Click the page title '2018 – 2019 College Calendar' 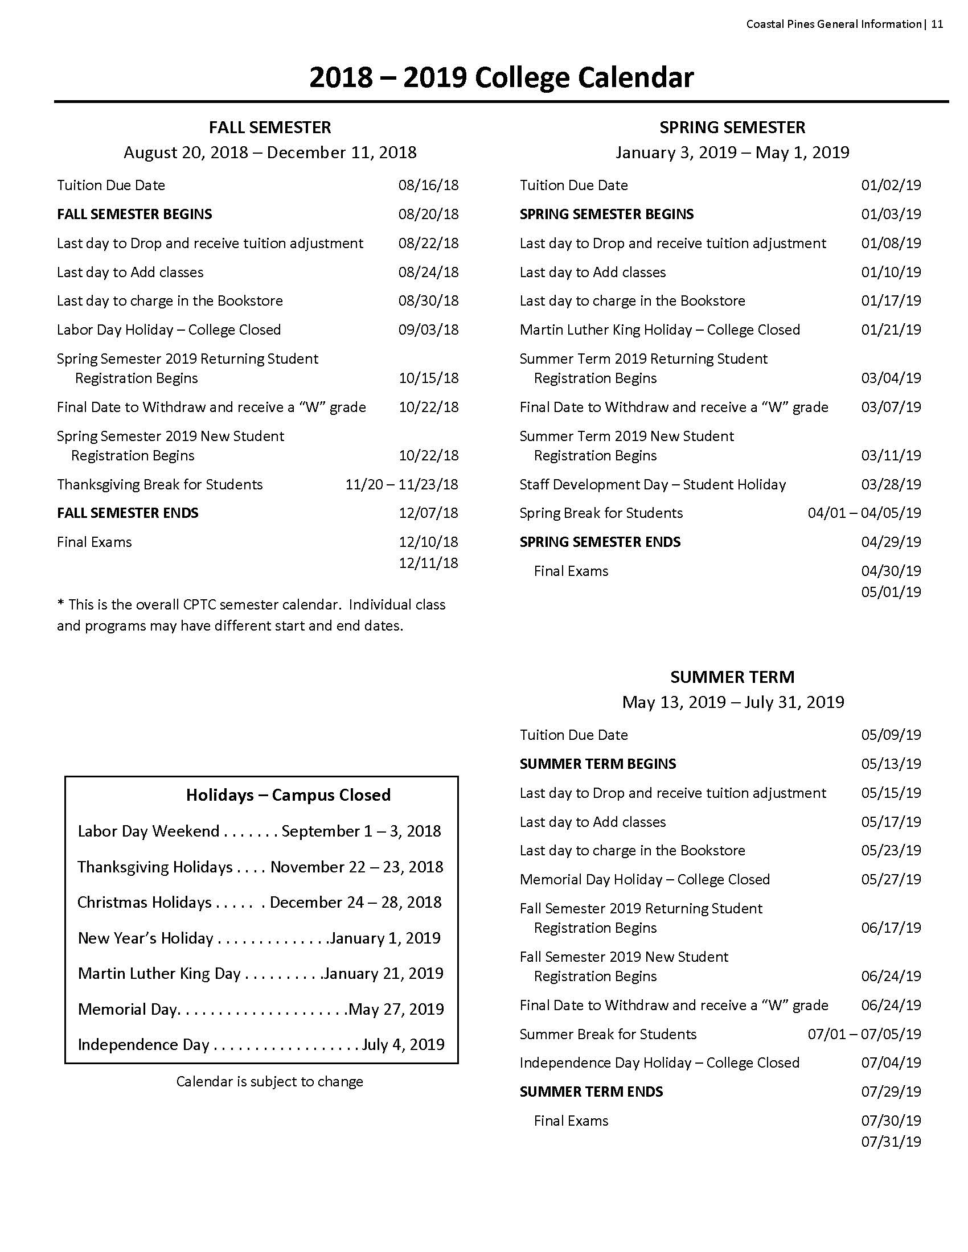(501, 77)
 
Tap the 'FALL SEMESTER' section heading (269, 127)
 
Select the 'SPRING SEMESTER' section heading (732, 127)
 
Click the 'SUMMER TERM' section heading (732, 677)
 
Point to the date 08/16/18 (428, 185)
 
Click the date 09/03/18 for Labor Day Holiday (428, 330)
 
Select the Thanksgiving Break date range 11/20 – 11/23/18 (401, 484)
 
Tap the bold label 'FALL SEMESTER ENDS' (128, 513)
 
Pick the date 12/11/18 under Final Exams (428, 563)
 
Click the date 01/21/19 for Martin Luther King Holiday (891, 330)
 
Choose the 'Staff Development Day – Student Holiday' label (652, 484)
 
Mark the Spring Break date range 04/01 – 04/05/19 (864, 513)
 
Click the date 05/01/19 (891, 592)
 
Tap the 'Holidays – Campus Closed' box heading (288, 795)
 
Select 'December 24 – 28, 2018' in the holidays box (355, 903)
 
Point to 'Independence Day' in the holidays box (143, 1044)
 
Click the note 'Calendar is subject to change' (269, 1082)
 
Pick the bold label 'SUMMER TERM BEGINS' (597, 764)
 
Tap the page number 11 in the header (937, 24)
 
